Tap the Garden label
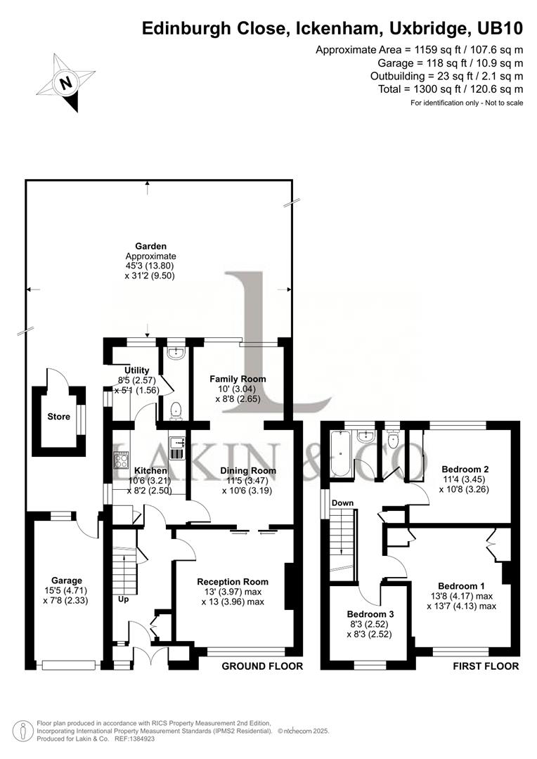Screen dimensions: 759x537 pos(150,246)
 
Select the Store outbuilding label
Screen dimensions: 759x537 pos(58,417)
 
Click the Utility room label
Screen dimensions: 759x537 pos(136,370)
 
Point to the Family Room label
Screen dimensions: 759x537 pos(238,379)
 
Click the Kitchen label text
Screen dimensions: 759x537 pos(150,470)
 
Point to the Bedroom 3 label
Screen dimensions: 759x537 pos(370,614)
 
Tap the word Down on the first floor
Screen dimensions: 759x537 pos(342,503)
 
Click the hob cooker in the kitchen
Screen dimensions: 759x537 pos(119,459)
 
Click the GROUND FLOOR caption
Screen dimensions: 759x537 pos(262,666)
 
